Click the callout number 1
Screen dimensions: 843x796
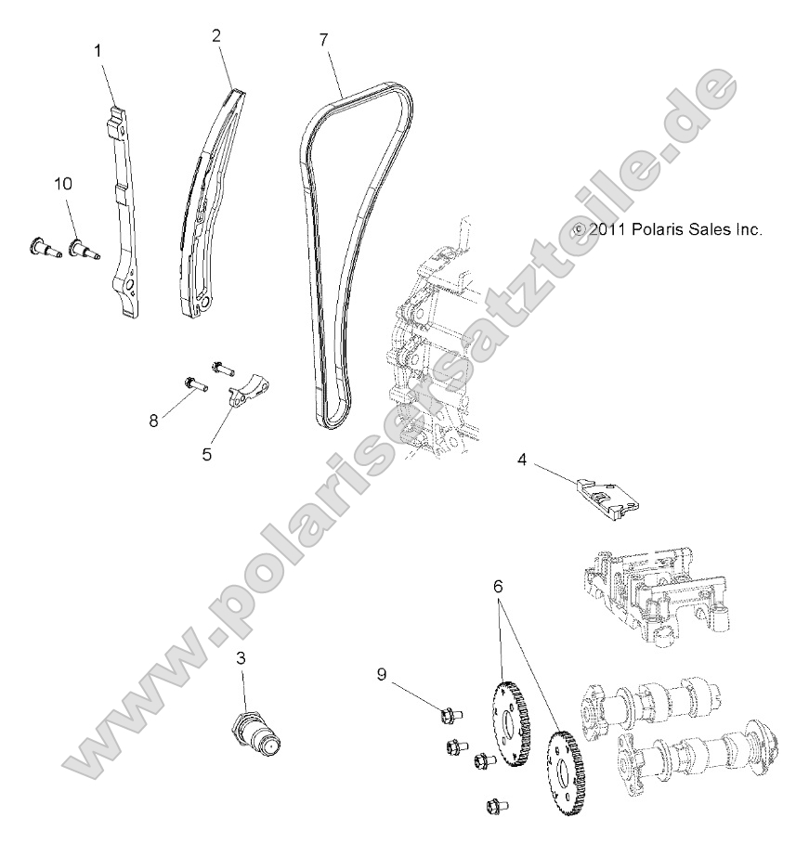click(x=98, y=51)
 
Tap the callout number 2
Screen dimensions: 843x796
click(x=216, y=36)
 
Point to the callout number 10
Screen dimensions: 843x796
click(x=62, y=184)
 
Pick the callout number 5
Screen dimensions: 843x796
click(x=207, y=454)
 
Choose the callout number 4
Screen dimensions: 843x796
click(x=524, y=458)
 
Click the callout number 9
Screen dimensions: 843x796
click(x=382, y=673)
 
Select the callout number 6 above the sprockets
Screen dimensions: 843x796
click(x=499, y=588)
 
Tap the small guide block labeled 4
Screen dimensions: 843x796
click(x=607, y=494)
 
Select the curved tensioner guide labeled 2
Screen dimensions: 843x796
click(x=209, y=204)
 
